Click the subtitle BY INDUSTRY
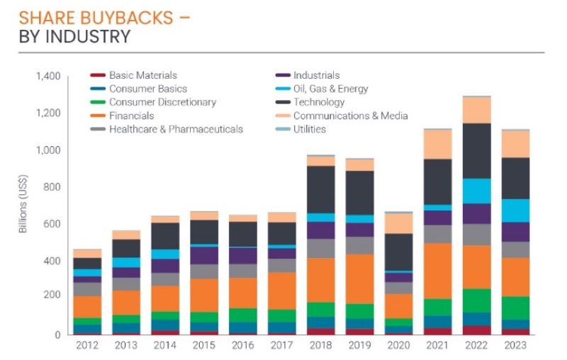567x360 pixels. pos(75,35)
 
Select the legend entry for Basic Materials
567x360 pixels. pos(142,75)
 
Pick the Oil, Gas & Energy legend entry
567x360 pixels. pos(330,89)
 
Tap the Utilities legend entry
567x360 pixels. pos(309,129)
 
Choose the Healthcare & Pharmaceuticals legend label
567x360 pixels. pos(176,129)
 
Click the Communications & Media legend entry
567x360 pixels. pos(350,116)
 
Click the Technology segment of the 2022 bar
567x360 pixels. pos(476,150)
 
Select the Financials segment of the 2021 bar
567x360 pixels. pos(437,271)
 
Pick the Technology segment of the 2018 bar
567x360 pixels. pos(320,189)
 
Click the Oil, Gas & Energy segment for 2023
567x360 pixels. pos(515,210)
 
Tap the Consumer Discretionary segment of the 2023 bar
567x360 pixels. pos(515,308)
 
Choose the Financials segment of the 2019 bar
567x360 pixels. pos(359,279)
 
